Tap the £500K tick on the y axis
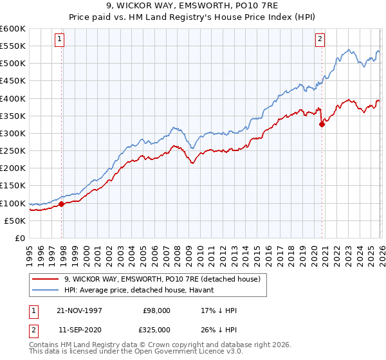[13, 64]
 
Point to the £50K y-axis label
[15, 221]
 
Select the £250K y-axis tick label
[13, 151]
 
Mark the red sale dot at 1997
[62, 204]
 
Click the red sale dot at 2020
[322, 125]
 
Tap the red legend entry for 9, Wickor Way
[161, 279]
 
